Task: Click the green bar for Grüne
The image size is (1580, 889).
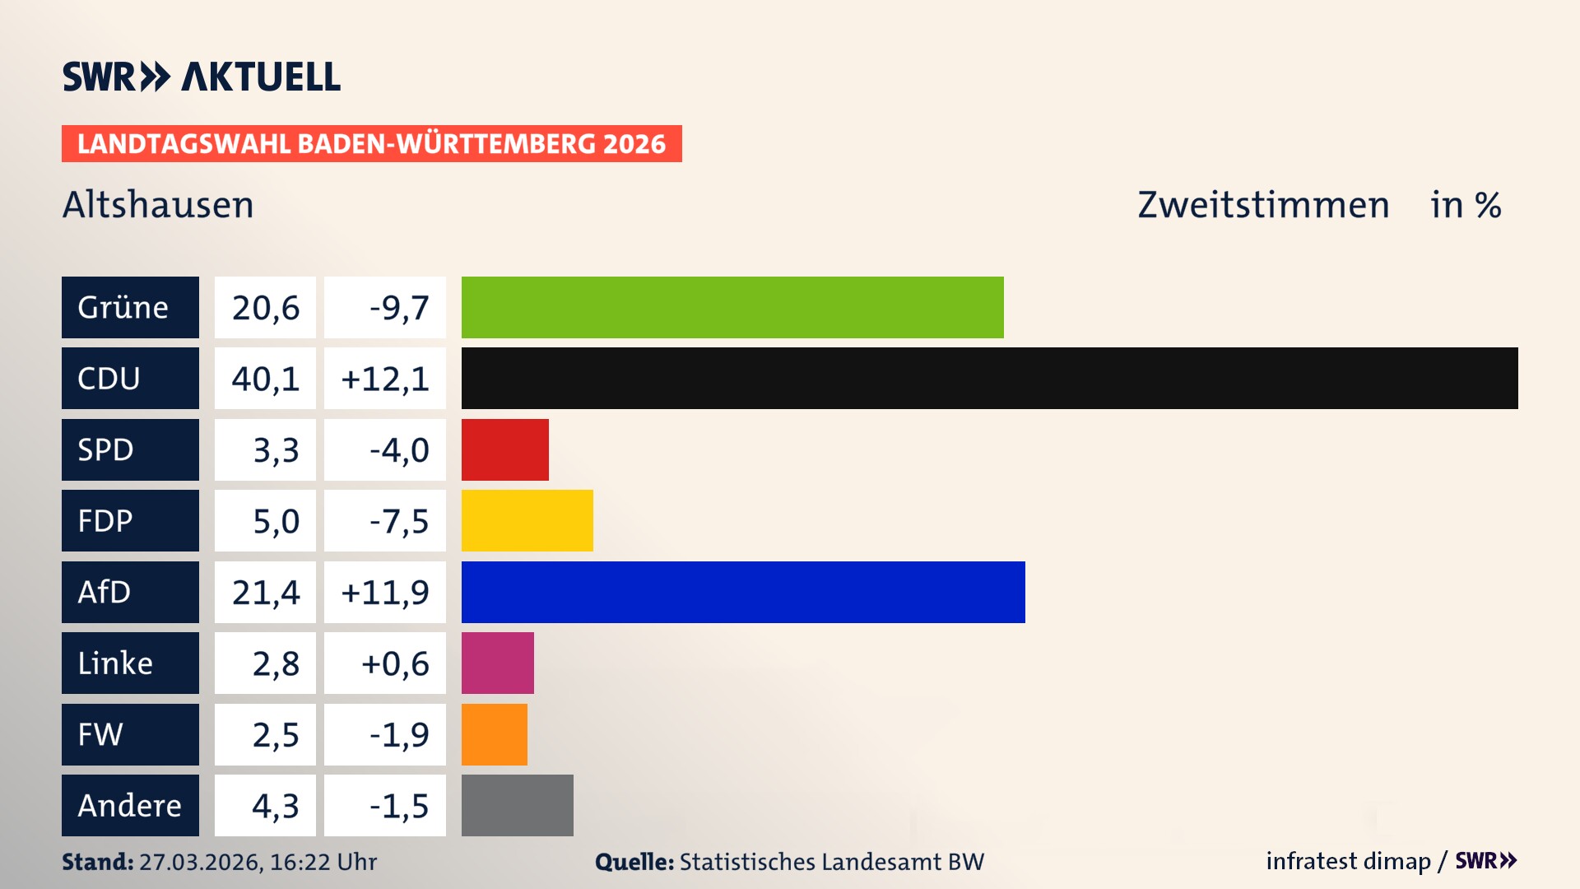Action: pyautogui.click(x=732, y=307)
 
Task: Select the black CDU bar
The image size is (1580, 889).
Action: pyautogui.click(x=989, y=378)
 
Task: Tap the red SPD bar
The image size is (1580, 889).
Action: pyautogui.click(x=504, y=449)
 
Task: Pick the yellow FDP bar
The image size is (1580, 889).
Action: pyautogui.click(x=527, y=520)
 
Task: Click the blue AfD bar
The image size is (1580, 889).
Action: pyautogui.click(x=743, y=592)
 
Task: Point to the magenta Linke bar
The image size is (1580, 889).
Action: pyautogui.click(x=497, y=663)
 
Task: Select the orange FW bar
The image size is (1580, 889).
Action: pyautogui.click(x=494, y=734)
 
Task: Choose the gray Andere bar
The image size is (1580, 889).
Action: pyautogui.click(x=517, y=805)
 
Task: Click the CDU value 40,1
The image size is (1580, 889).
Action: pyautogui.click(x=265, y=379)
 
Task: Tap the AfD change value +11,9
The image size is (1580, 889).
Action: pyautogui.click(x=385, y=592)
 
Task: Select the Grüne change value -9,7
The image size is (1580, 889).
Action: pyautogui.click(x=398, y=308)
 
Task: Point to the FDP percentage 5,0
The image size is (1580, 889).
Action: pyautogui.click(x=275, y=521)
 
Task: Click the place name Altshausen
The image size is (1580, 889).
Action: pyautogui.click(x=158, y=205)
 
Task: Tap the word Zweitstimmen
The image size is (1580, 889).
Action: pyautogui.click(x=1263, y=205)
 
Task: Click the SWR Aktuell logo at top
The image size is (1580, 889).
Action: pyautogui.click(x=202, y=77)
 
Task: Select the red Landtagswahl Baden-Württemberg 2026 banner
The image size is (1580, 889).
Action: pyautogui.click(x=371, y=144)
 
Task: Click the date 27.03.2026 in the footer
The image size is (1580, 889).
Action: pyautogui.click(x=200, y=862)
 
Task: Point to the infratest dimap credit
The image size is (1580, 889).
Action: pyautogui.click(x=1348, y=861)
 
